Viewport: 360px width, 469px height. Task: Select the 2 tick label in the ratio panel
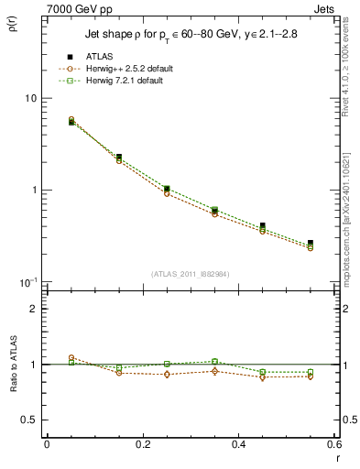point(35,309)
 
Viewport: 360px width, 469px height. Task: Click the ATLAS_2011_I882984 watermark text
point(190,274)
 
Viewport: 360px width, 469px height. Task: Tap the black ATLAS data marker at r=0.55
point(311,243)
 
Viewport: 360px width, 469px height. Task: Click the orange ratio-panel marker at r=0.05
point(71,358)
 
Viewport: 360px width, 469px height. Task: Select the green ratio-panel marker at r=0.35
point(214,362)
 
